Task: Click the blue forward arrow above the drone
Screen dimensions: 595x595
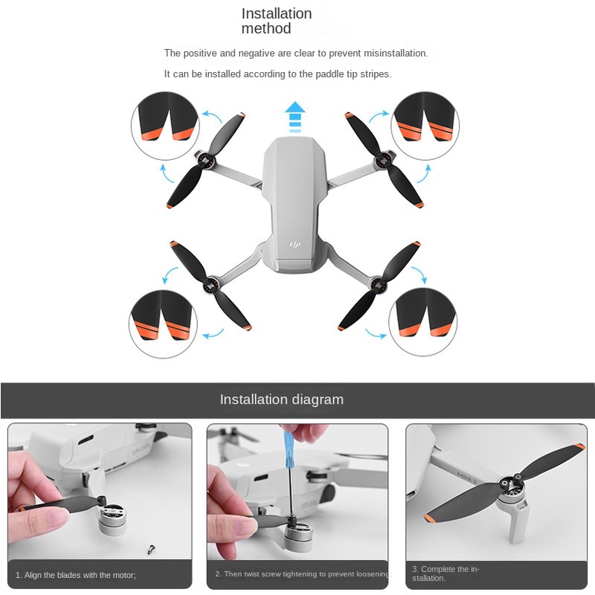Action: [295, 117]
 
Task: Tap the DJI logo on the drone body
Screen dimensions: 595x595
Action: [295, 244]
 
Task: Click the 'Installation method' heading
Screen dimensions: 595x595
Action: [277, 21]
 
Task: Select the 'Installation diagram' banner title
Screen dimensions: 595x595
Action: [282, 399]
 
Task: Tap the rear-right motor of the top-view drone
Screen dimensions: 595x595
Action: [378, 284]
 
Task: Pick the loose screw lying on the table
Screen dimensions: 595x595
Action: [151, 549]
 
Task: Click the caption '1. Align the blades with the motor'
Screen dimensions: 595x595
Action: [76, 575]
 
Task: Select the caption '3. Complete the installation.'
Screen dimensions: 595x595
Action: [446, 573]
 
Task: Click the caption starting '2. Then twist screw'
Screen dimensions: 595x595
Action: [303, 573]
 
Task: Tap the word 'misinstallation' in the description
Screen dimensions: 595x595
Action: [396, 53]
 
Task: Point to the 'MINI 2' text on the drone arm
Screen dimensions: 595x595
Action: [466, 478]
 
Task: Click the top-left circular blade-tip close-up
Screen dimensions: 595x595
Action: [164, 125]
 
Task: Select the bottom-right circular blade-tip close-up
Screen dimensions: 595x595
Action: [422, 322]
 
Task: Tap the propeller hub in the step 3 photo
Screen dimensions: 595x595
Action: [507, 484]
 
